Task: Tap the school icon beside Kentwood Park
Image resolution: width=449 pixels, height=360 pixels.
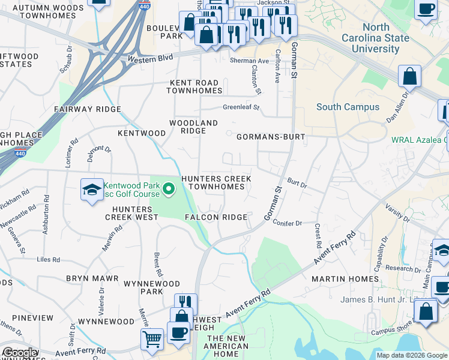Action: [91, 191]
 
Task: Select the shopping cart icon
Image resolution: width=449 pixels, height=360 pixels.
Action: [151, 338]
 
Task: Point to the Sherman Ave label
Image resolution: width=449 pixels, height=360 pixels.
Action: [250, 61]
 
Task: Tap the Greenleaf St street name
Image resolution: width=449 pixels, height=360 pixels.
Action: [241, 108]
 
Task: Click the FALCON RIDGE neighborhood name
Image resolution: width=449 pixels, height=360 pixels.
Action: [216, 217]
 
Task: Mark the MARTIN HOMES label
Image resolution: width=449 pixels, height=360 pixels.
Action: [345, 279]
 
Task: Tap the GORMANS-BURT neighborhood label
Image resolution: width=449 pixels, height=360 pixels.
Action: [271, 137]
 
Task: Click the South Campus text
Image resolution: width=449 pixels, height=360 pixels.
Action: [348, 107]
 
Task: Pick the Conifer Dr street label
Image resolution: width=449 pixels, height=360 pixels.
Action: [287, 223]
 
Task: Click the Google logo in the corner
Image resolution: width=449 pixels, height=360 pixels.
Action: [20, 353]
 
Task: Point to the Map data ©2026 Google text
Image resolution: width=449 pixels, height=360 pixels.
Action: [411, 355]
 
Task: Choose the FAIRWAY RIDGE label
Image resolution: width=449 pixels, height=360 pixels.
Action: [87, 109]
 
